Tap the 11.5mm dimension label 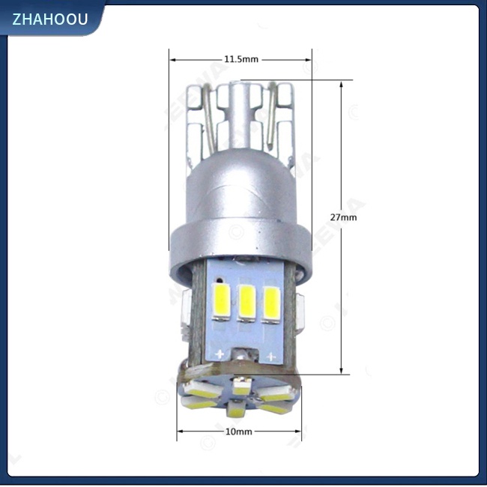click(x=241, y=58)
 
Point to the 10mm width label click(x=238, y=432)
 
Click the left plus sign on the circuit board click(x=220, y=353)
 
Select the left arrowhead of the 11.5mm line click(x=172, y=58)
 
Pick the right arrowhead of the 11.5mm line click(x=309, y=58)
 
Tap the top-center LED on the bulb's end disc click(x=241, y=388)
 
